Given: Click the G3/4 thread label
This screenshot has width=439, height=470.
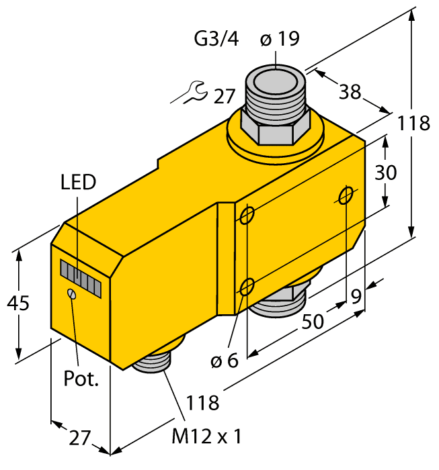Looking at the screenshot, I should tap(216, 40).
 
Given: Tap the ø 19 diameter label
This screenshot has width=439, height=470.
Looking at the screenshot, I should tap(279, 40).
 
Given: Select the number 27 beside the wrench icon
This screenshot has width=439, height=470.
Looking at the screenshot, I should tap(225, 97).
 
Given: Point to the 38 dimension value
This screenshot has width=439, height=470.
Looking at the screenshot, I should tap(350, 92).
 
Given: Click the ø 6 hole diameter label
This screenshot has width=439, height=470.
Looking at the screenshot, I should tap(225, 361).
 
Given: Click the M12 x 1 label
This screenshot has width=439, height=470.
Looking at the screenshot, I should tap(206, 436).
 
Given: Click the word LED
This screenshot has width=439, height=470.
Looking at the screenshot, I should tap(78, 182).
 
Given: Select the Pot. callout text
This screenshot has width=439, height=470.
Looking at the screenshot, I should tap(81, 378).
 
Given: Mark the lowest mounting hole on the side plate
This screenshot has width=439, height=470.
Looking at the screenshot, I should tap(247, 287).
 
